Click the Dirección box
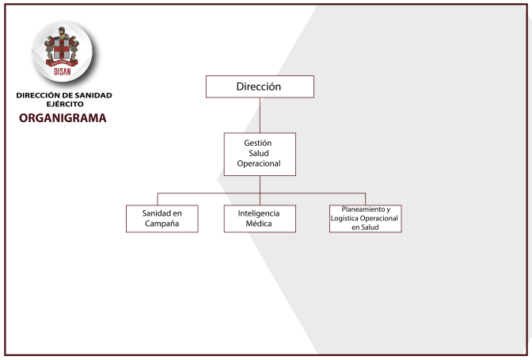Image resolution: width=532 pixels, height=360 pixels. pos(260,86)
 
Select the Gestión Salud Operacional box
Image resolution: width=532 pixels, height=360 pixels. pos(260,155)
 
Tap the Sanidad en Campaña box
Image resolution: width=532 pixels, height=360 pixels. pos(162,219)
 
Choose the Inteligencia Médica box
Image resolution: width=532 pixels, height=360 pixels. pos(260,219)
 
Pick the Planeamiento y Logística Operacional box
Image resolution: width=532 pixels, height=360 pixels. pos(366,219)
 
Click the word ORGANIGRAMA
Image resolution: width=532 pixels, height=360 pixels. pos(63,118)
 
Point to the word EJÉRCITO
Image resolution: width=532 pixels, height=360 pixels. pos(65,104)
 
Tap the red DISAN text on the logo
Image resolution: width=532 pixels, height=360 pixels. pos(63,71)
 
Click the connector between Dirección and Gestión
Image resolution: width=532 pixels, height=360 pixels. pos(260,115)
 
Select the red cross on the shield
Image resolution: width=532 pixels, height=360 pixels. pos(62,48)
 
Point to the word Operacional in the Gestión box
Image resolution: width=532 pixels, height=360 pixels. pos(259,164)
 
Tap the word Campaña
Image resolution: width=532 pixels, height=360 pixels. pos(161,224)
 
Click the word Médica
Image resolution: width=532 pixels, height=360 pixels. pos(259,224)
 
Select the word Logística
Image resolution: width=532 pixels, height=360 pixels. pos(344,219)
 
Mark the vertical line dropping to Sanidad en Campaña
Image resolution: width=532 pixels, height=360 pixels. pos(158,199)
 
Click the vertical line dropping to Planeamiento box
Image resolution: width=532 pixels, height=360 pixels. pos(366,199)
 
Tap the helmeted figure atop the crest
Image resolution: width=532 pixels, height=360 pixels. pos(62,33)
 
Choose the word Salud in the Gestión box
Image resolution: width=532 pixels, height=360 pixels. pos(259,153)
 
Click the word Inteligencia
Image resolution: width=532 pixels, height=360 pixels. pos(259,213)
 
